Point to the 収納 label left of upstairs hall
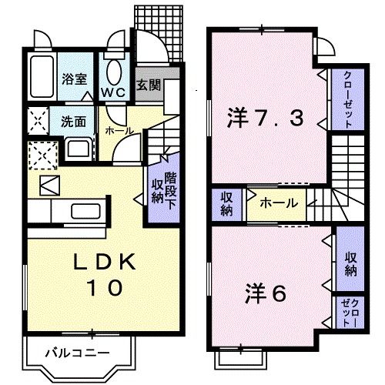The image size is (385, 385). [227, 203]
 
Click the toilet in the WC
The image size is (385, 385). [114, 73]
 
